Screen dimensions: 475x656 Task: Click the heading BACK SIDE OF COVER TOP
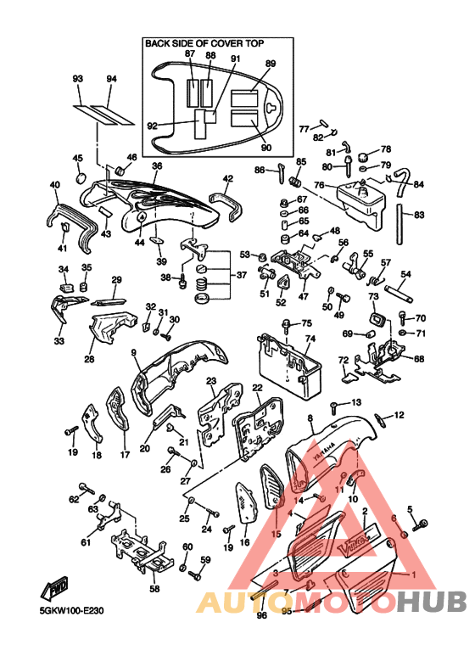tap(204, 43)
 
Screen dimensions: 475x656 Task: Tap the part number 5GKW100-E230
tap(71, 610)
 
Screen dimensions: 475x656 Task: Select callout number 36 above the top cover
tap(157, 165)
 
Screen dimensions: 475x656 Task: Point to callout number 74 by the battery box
tap(310, 339)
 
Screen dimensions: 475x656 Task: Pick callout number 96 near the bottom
tap(262, 615)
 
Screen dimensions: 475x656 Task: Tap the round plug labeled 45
tap(81, 177)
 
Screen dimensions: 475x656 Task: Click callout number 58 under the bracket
tap(154, 589)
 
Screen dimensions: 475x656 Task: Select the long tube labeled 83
tap(400, 224)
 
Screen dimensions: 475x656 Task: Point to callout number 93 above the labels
tap(78, 79)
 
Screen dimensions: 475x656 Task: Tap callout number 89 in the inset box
tap(271, 64)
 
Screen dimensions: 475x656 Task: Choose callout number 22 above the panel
tap(257, 388)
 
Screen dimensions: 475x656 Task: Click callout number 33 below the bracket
tap(59, 341)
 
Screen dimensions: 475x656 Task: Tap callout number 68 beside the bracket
tap(418, 358)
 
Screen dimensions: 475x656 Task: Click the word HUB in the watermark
tap(432, 602)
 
